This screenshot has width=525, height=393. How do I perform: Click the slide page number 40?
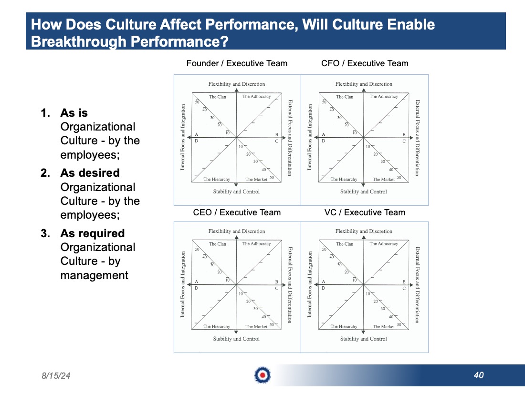479,375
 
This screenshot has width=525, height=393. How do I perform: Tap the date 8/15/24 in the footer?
56,376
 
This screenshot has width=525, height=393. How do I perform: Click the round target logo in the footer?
262,375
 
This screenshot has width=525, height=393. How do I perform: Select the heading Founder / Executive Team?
237,63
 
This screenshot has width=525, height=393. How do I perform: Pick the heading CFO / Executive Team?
365,63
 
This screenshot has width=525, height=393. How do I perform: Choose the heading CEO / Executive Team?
237,212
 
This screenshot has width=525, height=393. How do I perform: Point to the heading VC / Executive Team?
365,212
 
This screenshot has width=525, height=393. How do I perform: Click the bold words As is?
74,112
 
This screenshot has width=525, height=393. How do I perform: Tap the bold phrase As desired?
90,173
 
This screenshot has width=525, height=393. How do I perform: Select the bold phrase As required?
93,233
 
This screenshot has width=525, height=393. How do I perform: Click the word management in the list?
94,275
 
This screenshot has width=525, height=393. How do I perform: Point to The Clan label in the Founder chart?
218,97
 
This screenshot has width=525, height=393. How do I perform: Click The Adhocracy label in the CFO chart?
384,96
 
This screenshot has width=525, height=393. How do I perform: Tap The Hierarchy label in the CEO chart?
217,326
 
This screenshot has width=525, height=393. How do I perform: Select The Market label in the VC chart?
383,326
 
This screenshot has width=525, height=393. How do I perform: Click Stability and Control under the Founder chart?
236,191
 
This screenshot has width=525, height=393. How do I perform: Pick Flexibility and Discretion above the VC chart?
364,231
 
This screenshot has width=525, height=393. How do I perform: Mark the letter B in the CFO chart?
404,134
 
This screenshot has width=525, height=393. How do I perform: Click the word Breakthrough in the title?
78,41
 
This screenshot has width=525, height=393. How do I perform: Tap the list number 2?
45,173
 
